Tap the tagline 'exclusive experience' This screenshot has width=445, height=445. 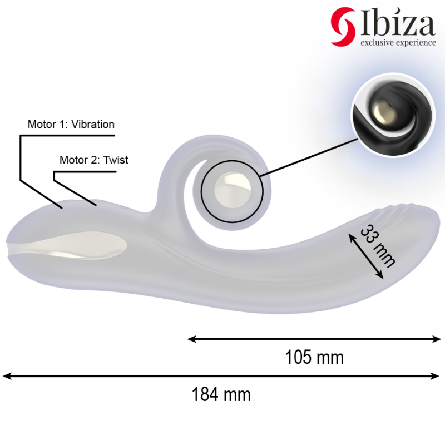[398, 43]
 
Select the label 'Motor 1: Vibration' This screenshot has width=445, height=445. [71, 124]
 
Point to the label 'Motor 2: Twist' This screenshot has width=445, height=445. [93, 160]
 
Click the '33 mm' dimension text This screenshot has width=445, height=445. [377, 245]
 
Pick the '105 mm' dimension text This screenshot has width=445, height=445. [314, 357]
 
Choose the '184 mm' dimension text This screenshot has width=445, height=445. [221, 394]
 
